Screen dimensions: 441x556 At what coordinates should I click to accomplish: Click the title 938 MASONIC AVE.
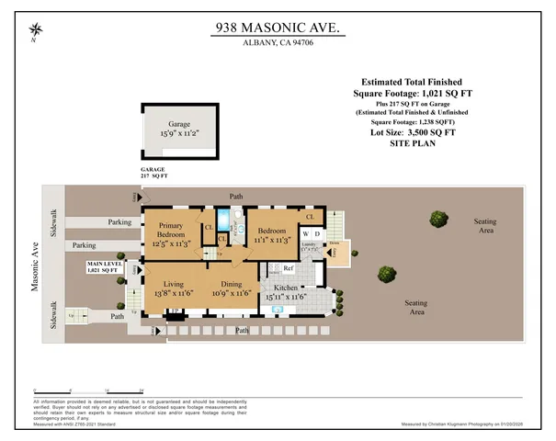point(277,28)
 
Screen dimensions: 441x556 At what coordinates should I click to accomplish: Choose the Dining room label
point(231,288)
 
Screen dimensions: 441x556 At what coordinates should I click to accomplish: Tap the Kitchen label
point(285,292)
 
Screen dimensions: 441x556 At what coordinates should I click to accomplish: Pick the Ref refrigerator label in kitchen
point(288,268)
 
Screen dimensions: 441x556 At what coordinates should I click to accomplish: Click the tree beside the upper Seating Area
point(435,220)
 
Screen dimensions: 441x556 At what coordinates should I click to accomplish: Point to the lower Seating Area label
point(416,307)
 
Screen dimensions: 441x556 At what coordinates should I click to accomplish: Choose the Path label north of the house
point(237,196)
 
